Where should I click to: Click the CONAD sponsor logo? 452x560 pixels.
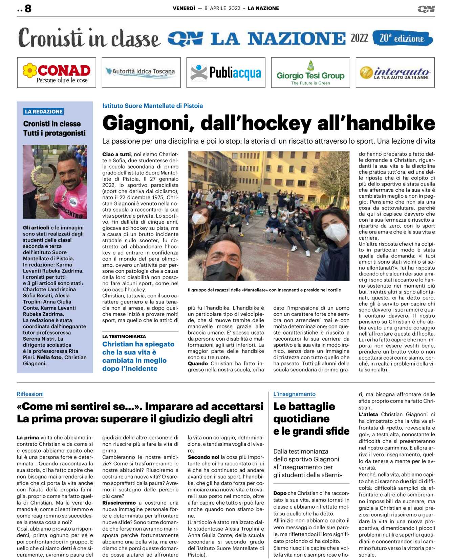coord(57,73)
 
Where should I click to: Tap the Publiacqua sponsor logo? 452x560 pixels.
coord(226,73)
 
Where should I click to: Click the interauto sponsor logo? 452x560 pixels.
coord(395,73)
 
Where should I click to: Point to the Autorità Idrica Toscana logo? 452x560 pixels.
coord(141,72)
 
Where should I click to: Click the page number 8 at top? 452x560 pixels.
coord(28,8)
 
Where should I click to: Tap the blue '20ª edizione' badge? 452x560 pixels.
coord(402,38)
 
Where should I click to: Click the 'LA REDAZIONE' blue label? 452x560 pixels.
coord(44,112)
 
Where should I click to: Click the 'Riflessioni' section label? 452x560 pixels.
coord(30,394)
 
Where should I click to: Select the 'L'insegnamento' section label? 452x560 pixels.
coord(294,394)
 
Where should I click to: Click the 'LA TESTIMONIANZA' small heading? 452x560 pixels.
coord(124,337)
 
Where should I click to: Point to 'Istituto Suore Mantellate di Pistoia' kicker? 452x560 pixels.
coord(152,106)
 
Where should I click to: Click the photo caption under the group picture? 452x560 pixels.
coord(264,290)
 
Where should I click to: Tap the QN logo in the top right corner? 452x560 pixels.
coord(426,9)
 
